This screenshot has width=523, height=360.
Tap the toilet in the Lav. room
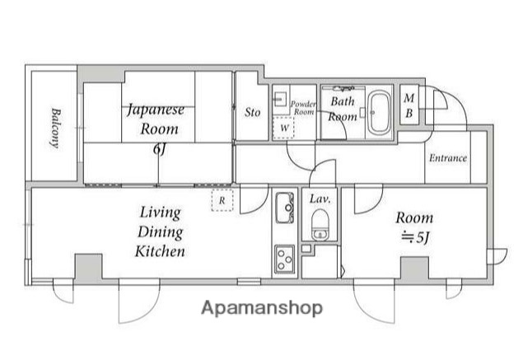pyautogui.click(x=320, y=225)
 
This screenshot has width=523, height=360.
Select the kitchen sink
pyautogui.click(x=284, y=208)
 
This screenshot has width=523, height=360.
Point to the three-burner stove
pyautogui.click(x=284, y=258)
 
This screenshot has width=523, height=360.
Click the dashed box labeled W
pyautogui.click(x=283, y=128)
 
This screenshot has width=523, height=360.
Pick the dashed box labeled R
pyautogui.click(x=222, y=200)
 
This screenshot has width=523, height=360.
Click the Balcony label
pyautogui.click(x=55, y=128)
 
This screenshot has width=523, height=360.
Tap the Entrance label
pyautogui.click(x=447, y=158)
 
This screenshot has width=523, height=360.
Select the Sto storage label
pyautogui.click(x=252, y=112)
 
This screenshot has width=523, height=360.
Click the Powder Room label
pyautogui.click(x=303, y=108)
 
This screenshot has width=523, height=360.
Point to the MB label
pyautogui.click(x=409, y=105)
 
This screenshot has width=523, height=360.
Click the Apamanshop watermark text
pyautogui.click(x=262, y=308)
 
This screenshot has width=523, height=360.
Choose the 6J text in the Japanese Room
pyautogui.click(x=159, y=149)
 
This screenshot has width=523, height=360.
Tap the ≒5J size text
pyautogui.click(x=415, y=237)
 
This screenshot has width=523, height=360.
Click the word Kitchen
pyautogui.click(x=160, y=251)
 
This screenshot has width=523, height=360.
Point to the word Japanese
pyautogui.click(x=156, y=110)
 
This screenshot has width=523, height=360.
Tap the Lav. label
pyautogui.click(x=320, y=199)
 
